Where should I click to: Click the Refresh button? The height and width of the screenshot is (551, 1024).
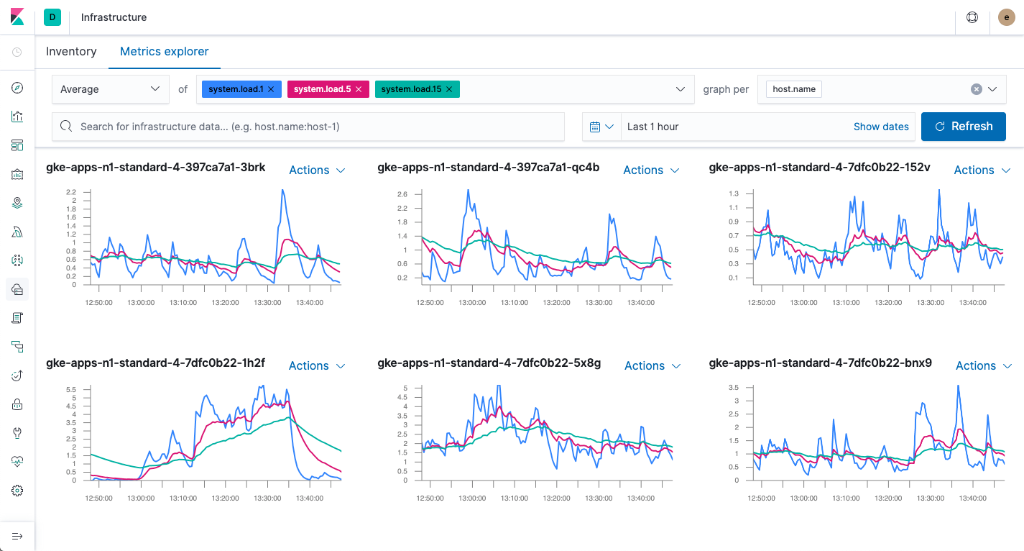pyautogui.click(x=963, y=127)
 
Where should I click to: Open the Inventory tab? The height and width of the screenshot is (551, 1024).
pyautogui.click(x=71, y=52)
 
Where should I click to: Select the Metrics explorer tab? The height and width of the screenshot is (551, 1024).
pyautogui.click(x=164, y=52)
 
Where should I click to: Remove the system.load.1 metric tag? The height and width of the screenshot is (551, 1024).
pyautogui.click(x=271, y=89)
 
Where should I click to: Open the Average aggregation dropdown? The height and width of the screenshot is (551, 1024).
pyautogui.click(x=110, y=89)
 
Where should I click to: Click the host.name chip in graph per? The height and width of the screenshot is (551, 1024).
pyautogui.click(x=793, y=89)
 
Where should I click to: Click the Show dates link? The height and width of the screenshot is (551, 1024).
pyautogui.click(x=880, y=127)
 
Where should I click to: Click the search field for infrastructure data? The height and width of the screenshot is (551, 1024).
pyautogui.click(x=309, y=127)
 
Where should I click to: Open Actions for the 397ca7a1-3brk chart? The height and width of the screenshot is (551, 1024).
pyautogui.click(x=317, y=170)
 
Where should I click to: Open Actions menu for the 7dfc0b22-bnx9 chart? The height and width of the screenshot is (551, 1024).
pyautogui.click(x=982, y=366)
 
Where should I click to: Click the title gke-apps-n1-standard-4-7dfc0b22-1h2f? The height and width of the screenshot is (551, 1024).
pyautogui.click(x=155, y=363)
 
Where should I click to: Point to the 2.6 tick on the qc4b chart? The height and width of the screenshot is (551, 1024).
pyautogui.click(x=402, y=194)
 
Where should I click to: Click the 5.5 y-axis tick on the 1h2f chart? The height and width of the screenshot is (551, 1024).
pyautogui.click(x=70, y=389)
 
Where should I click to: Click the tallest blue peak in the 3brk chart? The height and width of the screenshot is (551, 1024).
pyautogui.click(x=283, y=191)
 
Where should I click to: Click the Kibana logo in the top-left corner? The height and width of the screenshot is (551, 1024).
pyautogui.click(x=17, y=17)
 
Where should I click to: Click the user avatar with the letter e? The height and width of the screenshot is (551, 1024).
pyautogui.click(x=1006, y=17)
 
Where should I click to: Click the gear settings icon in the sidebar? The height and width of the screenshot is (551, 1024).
pyautogui.click(x=18, y=491)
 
